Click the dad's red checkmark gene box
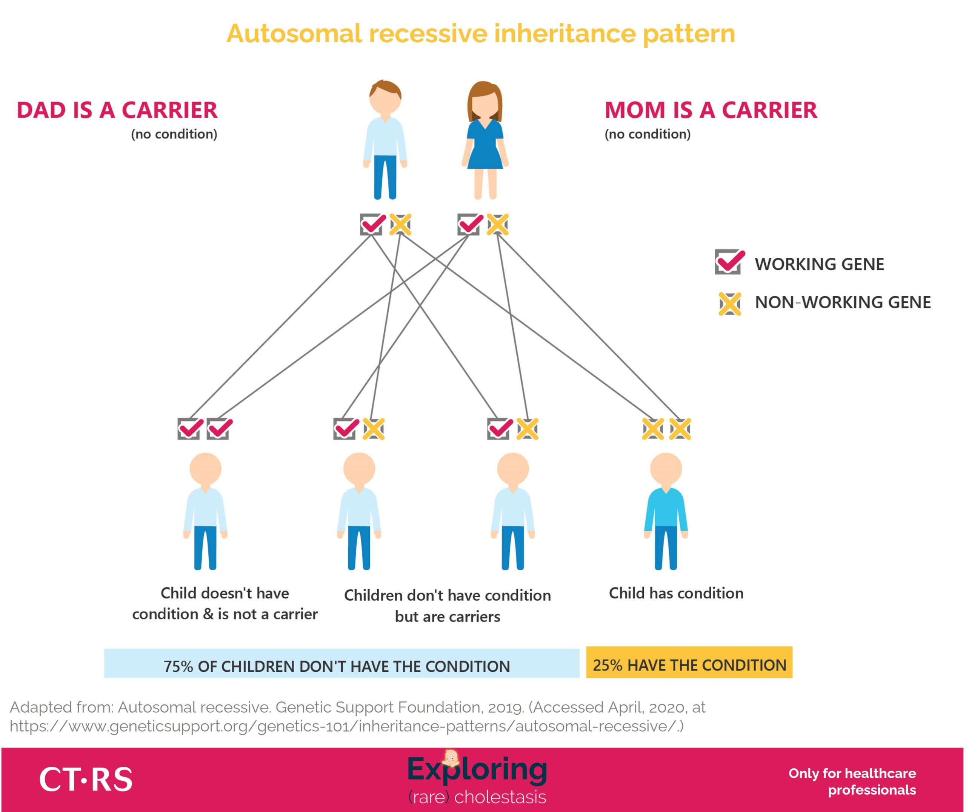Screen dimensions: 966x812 372,225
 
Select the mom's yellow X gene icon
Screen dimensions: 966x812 497,225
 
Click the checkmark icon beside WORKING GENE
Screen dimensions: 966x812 729,262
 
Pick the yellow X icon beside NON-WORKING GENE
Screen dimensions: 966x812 730,304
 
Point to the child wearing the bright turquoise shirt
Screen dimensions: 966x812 666,511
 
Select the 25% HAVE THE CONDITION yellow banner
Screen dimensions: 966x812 689,662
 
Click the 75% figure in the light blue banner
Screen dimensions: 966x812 178,666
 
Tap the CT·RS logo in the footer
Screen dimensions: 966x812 86,779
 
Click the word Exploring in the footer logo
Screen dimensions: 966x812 477,770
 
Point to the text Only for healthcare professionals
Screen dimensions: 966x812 852,781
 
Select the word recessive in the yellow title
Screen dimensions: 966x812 428,34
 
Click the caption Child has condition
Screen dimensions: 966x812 676,593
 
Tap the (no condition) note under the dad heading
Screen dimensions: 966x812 174,134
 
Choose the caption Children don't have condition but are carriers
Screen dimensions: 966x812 447,606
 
